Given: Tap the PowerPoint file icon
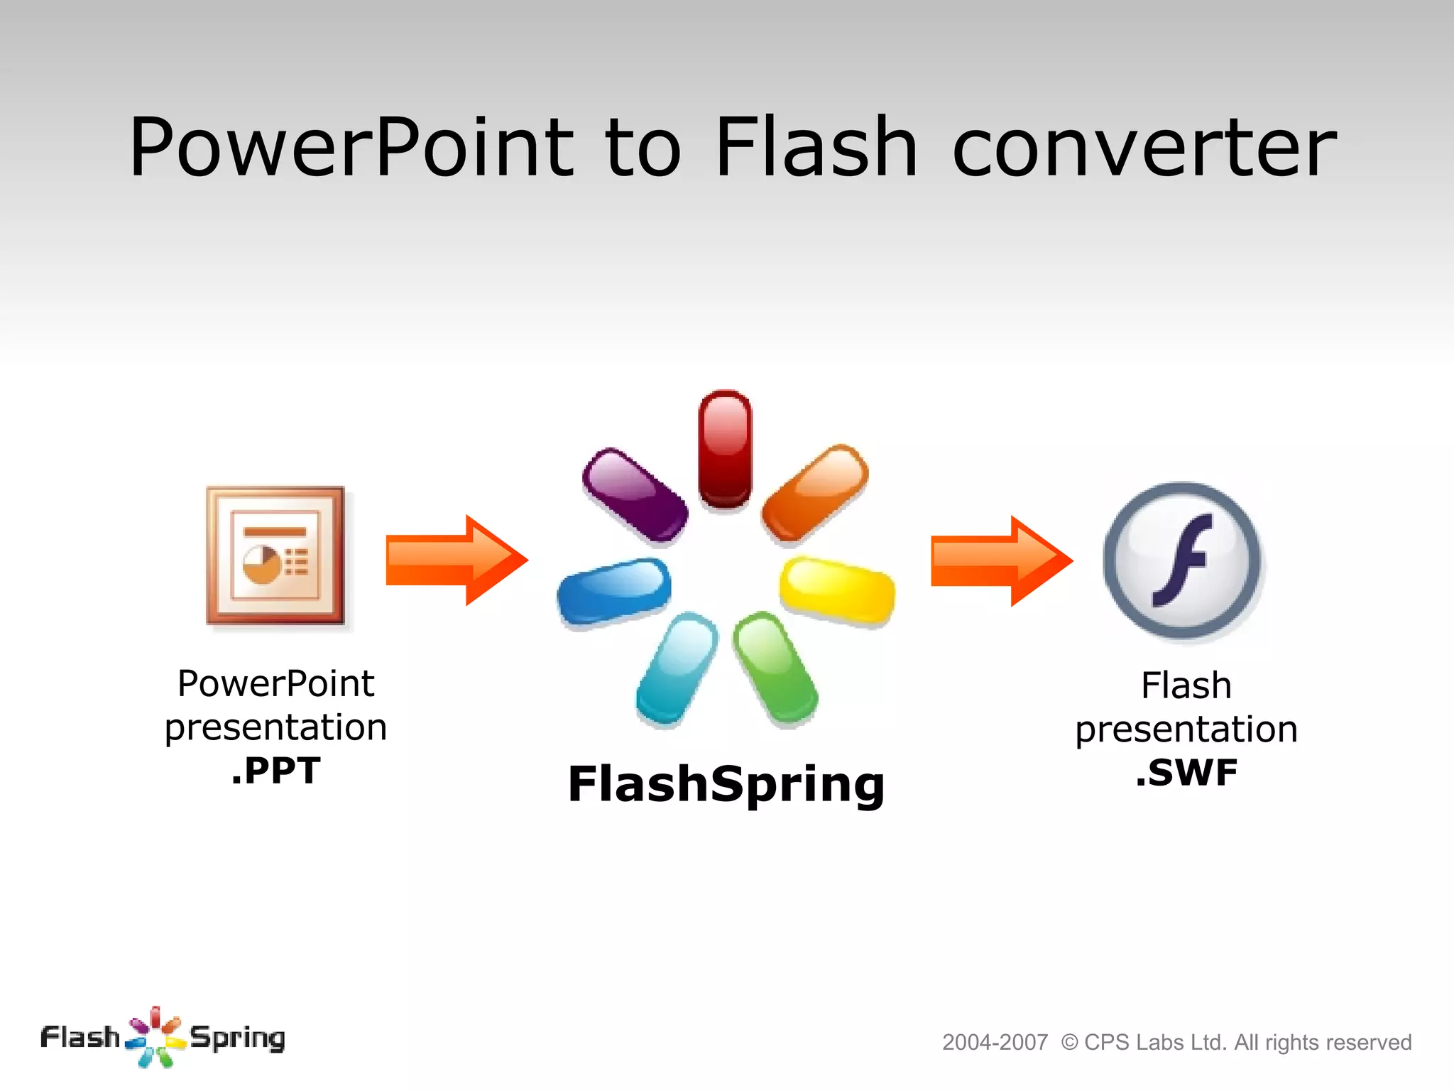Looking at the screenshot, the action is [x=275, y=556].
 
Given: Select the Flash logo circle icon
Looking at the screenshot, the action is [x=1182, y=560].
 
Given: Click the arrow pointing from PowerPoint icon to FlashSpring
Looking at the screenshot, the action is [x=456, y=560].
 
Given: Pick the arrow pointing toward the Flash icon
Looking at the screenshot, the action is [x=1001, y=561].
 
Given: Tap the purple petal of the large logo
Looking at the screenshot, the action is [x=635, y=495].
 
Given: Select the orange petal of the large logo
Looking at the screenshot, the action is [x=815, y=492].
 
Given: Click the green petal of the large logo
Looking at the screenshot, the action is [x=775, y=668].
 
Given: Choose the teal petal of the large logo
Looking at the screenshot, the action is [x=677, y=668].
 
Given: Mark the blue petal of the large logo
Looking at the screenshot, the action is [x=614, y=592].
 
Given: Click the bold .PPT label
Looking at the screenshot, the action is [x=276, y=771].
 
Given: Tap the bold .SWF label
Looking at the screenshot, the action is [x=1186, y=773].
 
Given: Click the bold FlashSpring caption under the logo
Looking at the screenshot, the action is [x=726, y=785].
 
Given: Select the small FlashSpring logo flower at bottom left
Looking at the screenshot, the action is [x=155, y=1038].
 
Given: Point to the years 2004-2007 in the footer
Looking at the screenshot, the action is [x=995, y=1043].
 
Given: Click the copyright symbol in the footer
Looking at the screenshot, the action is [x=1069, y=1043].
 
